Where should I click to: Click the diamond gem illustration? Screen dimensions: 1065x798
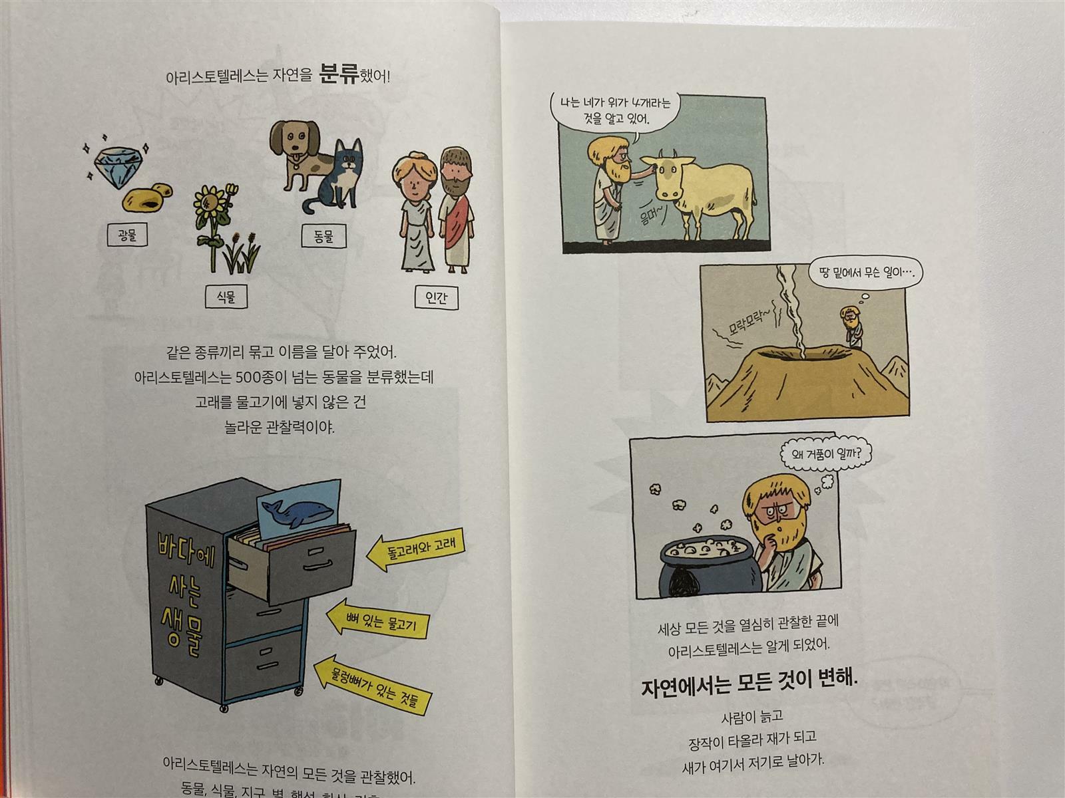tap(118, 167)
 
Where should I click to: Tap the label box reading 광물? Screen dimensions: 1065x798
tap(127, 235)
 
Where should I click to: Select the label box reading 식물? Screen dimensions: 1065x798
tap(226, 296)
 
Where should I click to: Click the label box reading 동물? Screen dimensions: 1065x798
tap(323, 236)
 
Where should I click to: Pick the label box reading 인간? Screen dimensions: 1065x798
tap(436, 297)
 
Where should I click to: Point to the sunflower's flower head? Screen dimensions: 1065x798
tap(208, 205)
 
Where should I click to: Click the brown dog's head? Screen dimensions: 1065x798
tap(295, 141)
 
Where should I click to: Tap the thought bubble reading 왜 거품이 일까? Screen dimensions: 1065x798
tap(826, 454)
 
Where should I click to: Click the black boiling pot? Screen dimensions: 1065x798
tap(706, 569)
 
